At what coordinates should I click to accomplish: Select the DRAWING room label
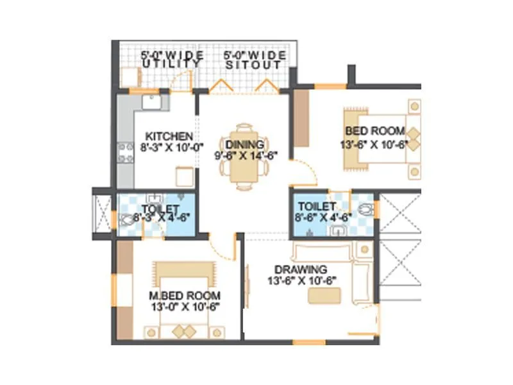[x=301, y=269]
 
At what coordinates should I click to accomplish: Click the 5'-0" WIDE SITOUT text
[x=255, y=60]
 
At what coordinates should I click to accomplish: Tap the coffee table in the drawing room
[x=324, y=296]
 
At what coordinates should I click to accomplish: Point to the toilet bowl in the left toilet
[x=126, y=219]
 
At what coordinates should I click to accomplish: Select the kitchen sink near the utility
[x=152, y=100]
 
